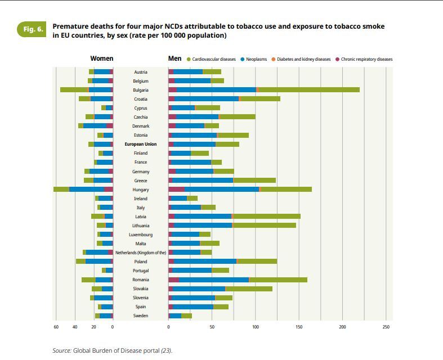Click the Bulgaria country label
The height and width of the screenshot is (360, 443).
click(x=141, y=90)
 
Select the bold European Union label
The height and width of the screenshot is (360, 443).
click(x=141, y=144)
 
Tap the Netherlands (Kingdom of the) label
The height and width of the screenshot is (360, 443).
click(x=141, y=253)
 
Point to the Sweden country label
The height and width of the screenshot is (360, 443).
click(x=141, y=316)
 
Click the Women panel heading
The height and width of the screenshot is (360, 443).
click(x=101, y=58)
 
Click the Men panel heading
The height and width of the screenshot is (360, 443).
click(x=174, y=58)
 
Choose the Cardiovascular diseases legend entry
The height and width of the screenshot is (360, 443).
click(x=214, y=59)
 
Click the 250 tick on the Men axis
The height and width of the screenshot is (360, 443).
click(x=386, y=327)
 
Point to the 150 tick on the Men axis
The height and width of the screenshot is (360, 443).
click(x=299, y=327)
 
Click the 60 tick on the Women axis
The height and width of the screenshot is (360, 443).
click(x=56, y=327)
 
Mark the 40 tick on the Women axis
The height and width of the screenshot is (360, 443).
click(x=75, y=327)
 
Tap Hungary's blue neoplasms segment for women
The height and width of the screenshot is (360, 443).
click(x=87, y=190)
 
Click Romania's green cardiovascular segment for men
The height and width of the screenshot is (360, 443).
click(x=279, y=280)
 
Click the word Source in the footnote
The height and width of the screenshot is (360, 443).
click(x=62, y=350)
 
